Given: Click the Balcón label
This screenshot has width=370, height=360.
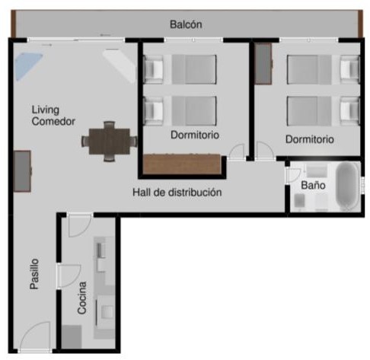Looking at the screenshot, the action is pos(186,24).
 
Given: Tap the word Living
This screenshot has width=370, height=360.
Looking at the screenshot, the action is pos(46,110).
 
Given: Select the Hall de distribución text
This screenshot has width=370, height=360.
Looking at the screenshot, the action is pos(177,193).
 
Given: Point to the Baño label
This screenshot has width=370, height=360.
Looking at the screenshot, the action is pos(313,185).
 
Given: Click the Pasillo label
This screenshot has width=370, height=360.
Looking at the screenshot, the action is pos(34,274).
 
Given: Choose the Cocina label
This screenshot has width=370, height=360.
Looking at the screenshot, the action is pos(82,298).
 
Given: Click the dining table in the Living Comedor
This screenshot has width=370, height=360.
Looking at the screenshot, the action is pos(110,142).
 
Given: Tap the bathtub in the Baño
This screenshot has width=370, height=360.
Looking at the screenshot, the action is pos(347,186).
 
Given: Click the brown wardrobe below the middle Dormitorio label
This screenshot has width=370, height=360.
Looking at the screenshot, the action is pos(182,164).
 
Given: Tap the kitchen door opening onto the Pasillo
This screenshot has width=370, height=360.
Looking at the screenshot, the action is pos(69,276).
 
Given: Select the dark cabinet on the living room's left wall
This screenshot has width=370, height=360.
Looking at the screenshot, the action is pos(22,171).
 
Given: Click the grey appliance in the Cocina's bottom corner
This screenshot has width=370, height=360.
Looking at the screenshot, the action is pos(72,337).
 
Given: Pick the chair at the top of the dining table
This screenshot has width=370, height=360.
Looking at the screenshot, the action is pos(110,125).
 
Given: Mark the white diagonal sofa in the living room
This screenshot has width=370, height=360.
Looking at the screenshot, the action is pos(120,66).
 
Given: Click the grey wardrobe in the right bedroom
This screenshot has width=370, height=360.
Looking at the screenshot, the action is pos(263,64).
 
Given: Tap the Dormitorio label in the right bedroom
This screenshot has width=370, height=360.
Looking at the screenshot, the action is pos(310,139).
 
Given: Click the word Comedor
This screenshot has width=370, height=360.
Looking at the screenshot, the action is pos(53,121).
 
